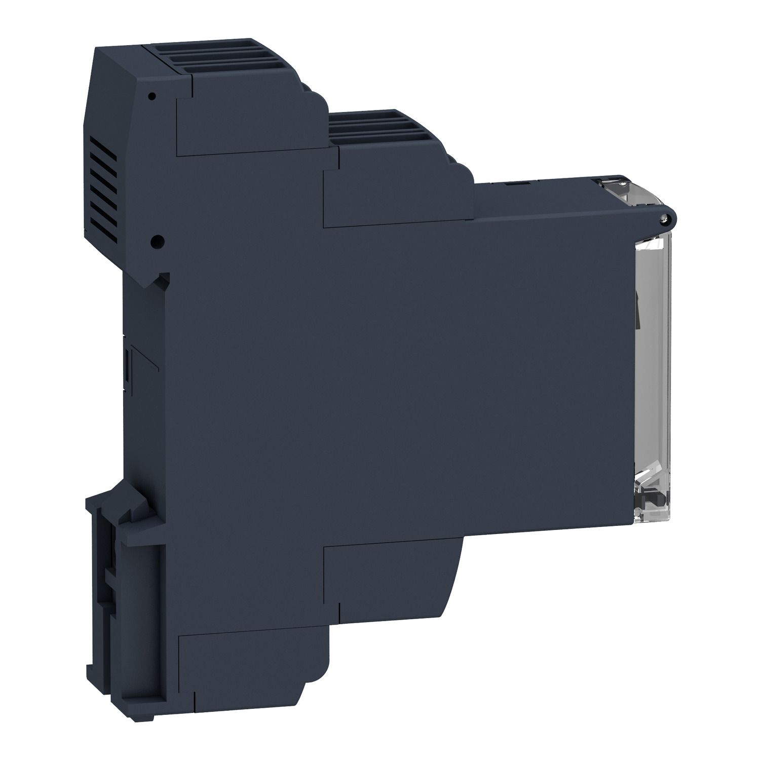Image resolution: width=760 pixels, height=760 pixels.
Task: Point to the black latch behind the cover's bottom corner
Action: (647, 502)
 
